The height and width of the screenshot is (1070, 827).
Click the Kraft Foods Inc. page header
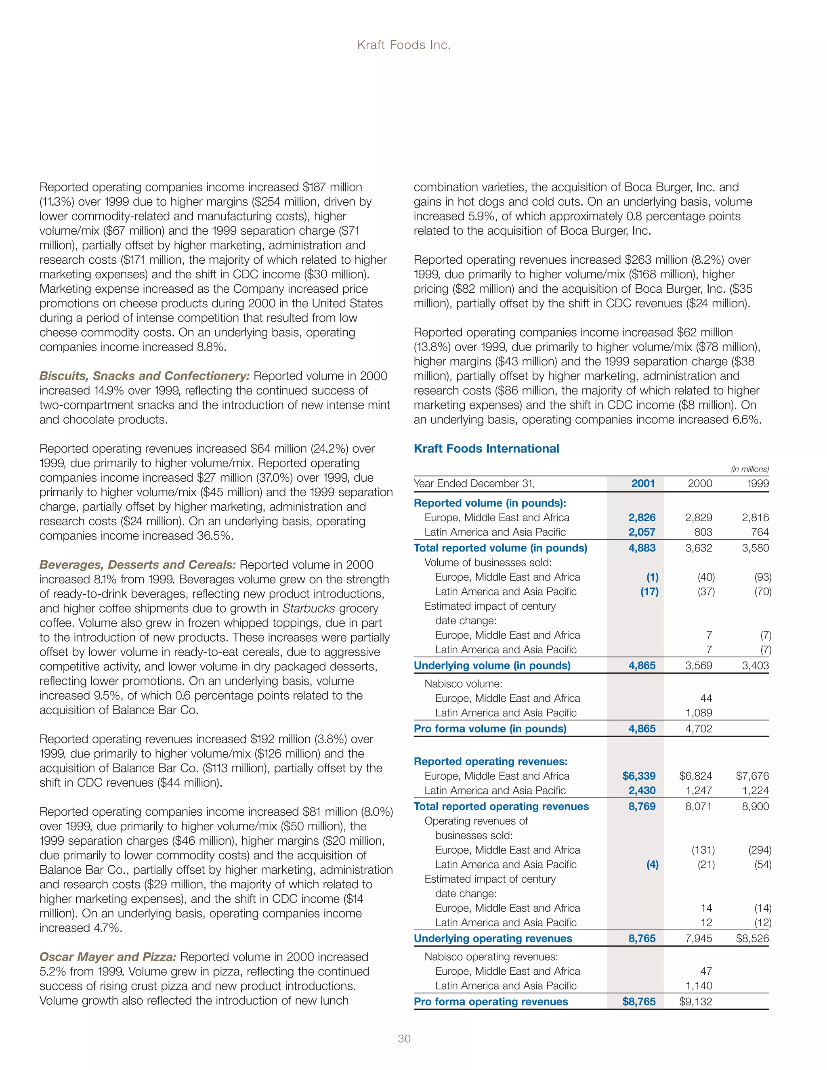coord(404,45)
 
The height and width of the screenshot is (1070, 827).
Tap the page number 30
coord(404,1038)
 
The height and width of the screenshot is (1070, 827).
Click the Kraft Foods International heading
coord(486,448)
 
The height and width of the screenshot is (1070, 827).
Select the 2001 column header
coord(643,484)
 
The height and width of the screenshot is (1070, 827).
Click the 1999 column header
coord(758,484)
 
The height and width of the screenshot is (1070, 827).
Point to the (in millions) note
coord(749,469)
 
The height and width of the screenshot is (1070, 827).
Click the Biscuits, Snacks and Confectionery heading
coord(145,376)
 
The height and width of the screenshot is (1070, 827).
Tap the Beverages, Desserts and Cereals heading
coord(138,564)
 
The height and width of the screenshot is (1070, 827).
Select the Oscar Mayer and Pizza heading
coord(108,957)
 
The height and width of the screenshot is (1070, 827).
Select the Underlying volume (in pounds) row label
coord(492,665)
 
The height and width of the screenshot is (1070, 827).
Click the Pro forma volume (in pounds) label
coord(490,728)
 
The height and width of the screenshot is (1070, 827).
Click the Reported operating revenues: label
coord(490,762)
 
